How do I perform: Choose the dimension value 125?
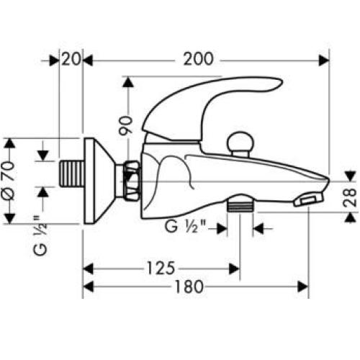[x=162, y=268]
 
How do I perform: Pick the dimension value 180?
[x=191, y=287]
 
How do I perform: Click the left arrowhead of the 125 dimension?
[x=89, y=268]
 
